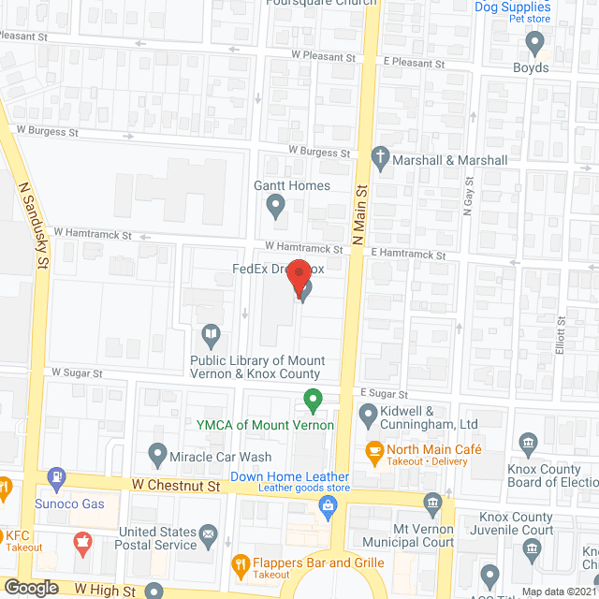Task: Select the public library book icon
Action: point(212,334)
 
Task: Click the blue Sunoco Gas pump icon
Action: point(57,477)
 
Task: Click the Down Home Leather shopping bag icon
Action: point(328,507)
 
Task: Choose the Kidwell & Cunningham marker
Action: point(367,413)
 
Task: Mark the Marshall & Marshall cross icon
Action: point(380,159)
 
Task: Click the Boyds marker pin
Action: point(535,42)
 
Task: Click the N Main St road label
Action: point(357,225)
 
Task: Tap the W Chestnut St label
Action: point(176,487)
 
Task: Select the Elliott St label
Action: point(561,334)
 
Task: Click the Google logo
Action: point(31,588)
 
